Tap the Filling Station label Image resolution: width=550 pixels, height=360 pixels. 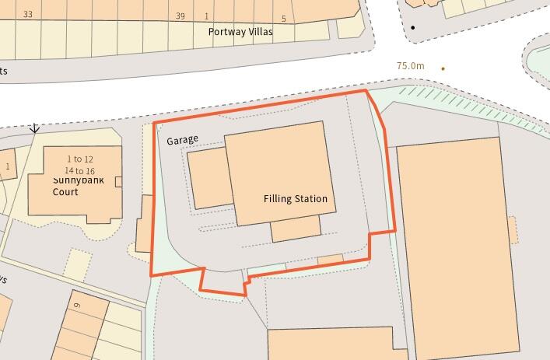click(295, 199)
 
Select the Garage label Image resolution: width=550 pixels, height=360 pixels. click(182, 139)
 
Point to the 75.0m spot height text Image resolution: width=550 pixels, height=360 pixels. click(410, 66)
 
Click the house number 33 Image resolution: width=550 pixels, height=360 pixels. click(28, 15)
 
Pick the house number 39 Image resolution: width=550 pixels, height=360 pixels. click(180, 16)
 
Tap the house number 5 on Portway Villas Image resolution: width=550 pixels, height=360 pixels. click(284, 19)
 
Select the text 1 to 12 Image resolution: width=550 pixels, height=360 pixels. click(79, 159)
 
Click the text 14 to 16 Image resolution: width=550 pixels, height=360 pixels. click(79, 171)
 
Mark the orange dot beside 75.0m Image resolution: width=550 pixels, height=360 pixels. click(443, 68)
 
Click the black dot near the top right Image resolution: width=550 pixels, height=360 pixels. click(413, 28)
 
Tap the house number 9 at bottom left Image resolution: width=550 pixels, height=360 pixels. click(77, 305)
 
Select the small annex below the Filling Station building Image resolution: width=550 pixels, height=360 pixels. click(296, 229)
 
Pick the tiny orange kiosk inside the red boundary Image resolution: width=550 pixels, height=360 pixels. click(330, 259)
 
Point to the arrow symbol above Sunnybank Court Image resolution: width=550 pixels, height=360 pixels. click(34, 128)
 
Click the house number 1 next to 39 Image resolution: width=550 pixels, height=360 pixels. click(206, 16)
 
